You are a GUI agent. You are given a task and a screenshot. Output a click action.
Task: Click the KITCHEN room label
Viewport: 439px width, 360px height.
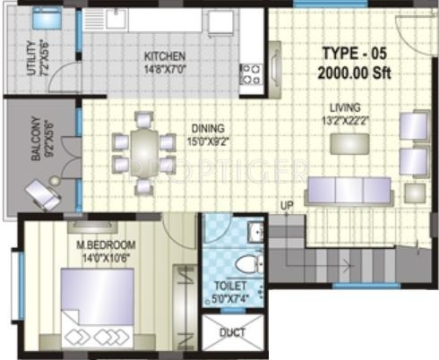pyautogui.click(x=166, y=54)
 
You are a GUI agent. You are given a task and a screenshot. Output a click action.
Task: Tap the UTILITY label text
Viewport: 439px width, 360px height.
pyautogui.click(x=33, y=60)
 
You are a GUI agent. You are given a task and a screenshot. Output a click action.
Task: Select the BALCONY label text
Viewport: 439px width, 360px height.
pyautogui.click(x=36, y=143)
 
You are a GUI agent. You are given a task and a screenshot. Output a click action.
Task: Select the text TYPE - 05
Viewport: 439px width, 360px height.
pyautogui.click(x=352, y=52)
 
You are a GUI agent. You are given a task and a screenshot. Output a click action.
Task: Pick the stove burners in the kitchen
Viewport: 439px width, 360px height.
pyautogui.click(x=249, y=73)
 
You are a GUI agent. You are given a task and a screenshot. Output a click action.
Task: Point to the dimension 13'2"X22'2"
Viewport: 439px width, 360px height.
pyautogui.click(x=340, y=119)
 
